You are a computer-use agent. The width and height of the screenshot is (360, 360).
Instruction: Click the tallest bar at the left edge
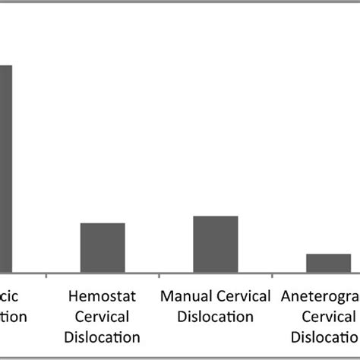[5, 167]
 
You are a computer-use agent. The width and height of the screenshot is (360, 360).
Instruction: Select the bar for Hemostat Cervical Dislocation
[103, 247]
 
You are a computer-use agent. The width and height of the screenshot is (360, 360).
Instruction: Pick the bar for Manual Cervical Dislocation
[216, 243]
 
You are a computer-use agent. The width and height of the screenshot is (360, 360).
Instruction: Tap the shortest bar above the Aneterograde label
[328, 262]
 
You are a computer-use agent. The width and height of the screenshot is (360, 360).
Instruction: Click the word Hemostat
[103, 295]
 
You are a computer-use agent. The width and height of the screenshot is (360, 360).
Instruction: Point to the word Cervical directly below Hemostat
[103, 315]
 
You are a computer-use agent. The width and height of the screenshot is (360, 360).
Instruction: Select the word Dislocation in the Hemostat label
[103, 336]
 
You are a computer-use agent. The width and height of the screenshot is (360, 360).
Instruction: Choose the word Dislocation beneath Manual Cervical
[216, 315]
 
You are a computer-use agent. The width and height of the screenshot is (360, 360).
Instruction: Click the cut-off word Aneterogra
[320, 295]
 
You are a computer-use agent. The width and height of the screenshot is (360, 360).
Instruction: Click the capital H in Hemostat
[74, 295]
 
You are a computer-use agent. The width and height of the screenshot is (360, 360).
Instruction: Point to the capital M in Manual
[167, 295]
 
